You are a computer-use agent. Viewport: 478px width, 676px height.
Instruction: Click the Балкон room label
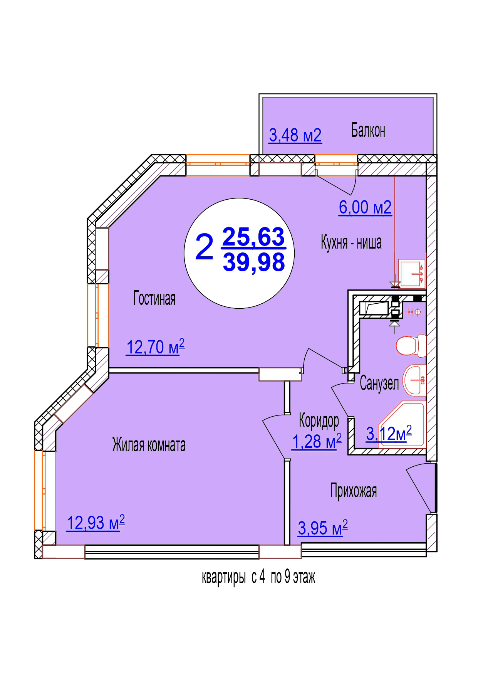click(368, 131)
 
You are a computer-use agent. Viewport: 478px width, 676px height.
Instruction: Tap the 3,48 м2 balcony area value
click(295, 135)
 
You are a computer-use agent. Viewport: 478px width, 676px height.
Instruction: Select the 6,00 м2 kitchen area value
click(365, 207)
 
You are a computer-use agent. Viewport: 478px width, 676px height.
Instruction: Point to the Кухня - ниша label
click(351, 242)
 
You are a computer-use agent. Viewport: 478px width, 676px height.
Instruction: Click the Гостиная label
click(154, 298)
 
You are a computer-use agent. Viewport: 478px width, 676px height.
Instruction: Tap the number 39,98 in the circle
click(253, 262)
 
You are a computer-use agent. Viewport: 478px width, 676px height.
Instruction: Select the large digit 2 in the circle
click(204, 247)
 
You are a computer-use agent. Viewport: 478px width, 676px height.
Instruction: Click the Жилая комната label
click(149, 445)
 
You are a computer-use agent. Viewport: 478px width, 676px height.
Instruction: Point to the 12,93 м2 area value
click(96, 523)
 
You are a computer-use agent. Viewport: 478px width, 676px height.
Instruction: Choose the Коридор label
click(319, 421)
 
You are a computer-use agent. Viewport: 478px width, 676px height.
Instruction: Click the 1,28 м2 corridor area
click(317, 441)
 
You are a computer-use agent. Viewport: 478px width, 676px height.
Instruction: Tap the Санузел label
click(379, 383)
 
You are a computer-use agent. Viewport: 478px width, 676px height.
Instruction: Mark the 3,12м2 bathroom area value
click(389, 434)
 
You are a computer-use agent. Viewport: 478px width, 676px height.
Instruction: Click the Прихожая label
click(353, 491)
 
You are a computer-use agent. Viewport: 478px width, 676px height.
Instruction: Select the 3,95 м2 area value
click(323, 528)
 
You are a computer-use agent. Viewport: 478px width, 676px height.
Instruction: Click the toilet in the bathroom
click(411, 345)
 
